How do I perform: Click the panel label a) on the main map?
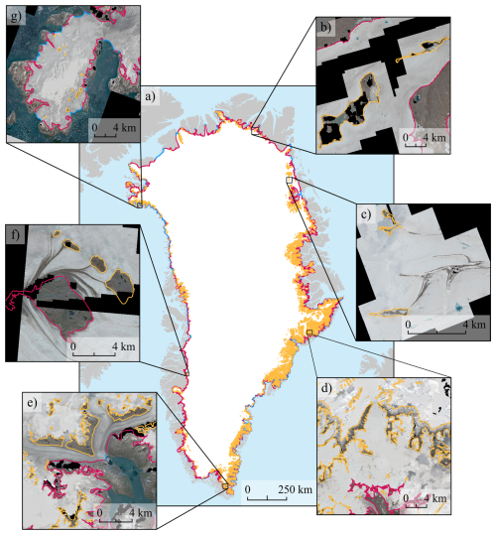pyautogui.click(x=151, y=97)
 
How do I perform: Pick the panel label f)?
pyautogui.click(x=15, y=236)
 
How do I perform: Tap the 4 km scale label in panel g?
pyautogui.click(x=118, y=127)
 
